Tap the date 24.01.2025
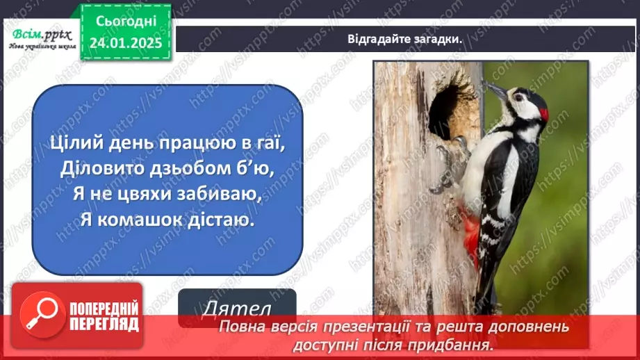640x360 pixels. tap(125, 42)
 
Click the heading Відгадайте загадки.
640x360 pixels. tap(405, 39)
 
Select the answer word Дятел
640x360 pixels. tap(236, 309)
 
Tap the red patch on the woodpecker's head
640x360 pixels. tap(543, 113)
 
